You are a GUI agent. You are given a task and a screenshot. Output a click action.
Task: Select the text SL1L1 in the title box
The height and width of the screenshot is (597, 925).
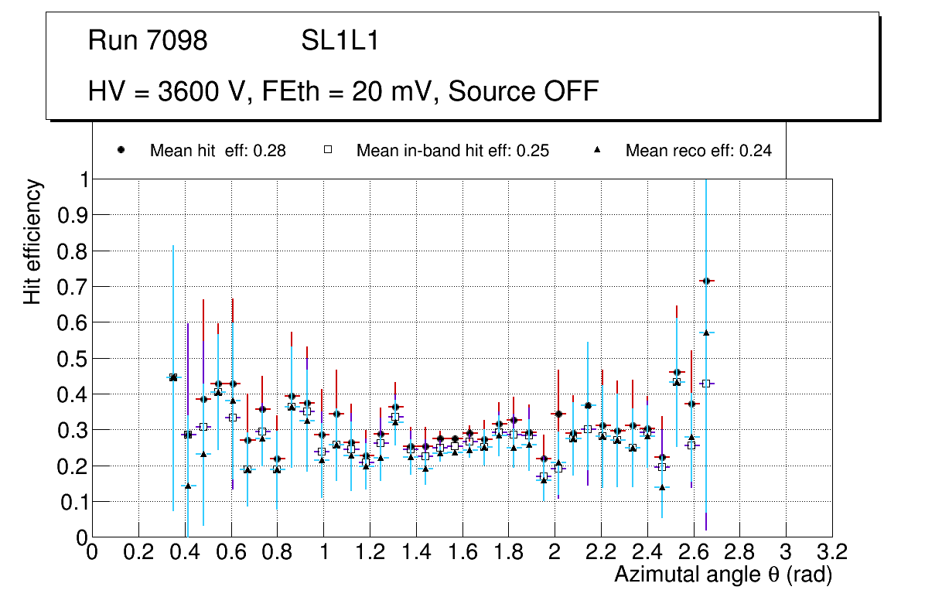[340, 41]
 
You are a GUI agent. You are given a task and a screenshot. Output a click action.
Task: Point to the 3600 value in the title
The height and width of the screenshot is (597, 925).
[184, 91]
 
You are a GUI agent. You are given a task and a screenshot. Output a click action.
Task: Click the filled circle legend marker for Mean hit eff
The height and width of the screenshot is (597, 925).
[121, 151]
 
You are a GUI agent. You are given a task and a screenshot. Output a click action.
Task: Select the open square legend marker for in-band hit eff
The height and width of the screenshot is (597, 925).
[327, 151]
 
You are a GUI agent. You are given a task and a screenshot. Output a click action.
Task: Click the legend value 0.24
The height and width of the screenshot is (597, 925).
[755, 151]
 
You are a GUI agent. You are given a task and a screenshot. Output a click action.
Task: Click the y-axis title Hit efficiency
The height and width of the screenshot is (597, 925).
[32, 241]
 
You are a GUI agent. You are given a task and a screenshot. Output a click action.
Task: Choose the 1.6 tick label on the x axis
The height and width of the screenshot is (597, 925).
[462, 553]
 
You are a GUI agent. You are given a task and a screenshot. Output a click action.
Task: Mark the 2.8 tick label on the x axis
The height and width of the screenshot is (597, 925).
[740, 553]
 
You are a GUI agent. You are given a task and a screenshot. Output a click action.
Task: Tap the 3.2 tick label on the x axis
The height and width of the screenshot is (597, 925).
[832, 553]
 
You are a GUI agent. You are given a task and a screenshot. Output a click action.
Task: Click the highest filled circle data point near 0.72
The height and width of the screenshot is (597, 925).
[705, 281]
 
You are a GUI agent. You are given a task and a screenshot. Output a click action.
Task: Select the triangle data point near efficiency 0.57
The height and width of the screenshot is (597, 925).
[705, 333]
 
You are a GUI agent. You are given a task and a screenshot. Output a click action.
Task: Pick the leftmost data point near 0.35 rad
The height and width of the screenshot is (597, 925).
[173, 377]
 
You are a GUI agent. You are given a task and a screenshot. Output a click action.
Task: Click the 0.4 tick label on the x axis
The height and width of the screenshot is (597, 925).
[185, 553]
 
